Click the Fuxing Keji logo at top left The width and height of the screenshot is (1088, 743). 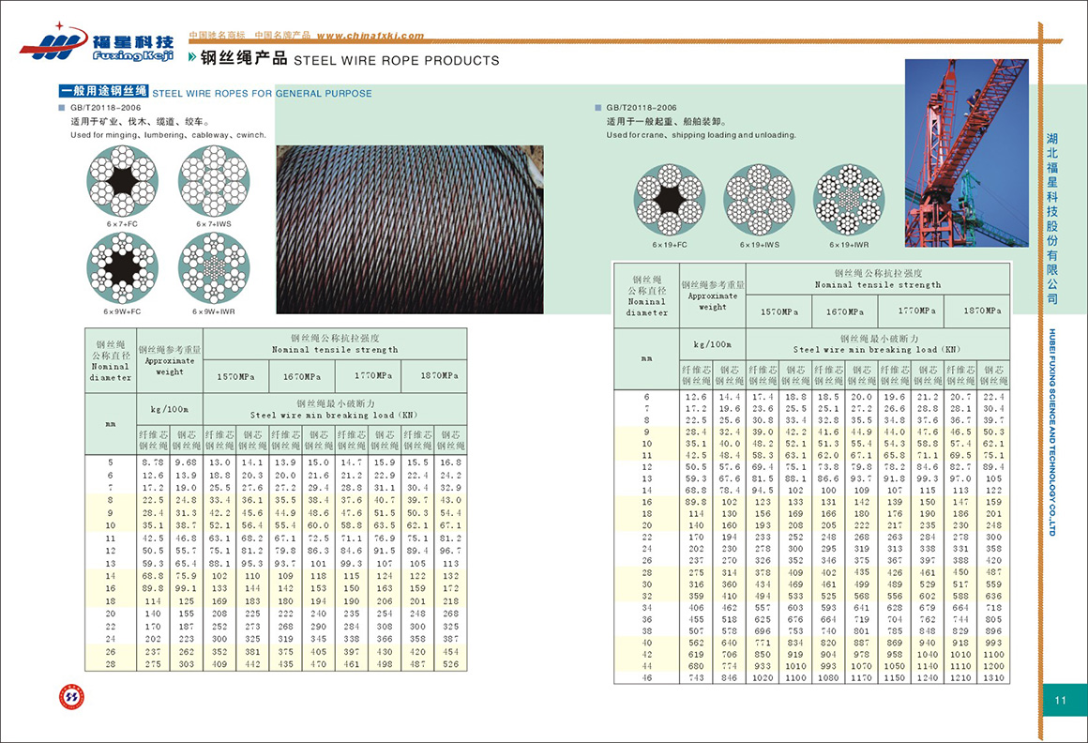97,42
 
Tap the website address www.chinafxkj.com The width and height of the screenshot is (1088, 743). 370,37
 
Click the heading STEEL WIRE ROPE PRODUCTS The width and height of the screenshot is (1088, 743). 397,61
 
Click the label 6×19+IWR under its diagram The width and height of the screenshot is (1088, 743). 848,245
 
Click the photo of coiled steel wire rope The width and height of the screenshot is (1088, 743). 409,228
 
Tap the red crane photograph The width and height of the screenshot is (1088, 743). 966,152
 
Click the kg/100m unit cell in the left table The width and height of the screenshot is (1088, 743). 170,410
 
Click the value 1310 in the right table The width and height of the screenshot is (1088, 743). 994,677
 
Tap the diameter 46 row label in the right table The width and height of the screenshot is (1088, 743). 646,677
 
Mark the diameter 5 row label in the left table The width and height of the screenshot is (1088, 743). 111,462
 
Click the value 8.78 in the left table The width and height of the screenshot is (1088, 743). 153,462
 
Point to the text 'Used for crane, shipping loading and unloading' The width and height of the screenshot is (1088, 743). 701,135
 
